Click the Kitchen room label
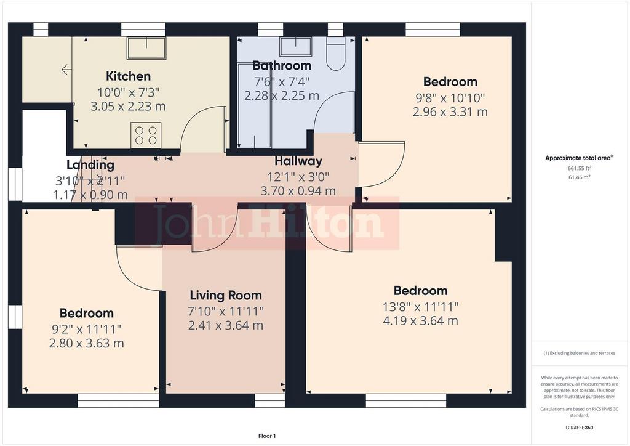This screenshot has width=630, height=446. [x=128, y=76]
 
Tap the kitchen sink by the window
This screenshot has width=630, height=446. [x=146, y=48]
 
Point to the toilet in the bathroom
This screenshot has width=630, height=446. [x=335, y=54]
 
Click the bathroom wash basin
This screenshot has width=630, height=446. [x=296, y=47]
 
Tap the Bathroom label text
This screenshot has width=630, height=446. [x=282, y=65]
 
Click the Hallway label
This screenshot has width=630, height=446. [x=298, y=161]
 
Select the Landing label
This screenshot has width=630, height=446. [x=90, y=165]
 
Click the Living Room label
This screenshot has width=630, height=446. [x=226, y=296]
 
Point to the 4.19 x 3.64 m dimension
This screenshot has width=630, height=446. [x=420, y=321]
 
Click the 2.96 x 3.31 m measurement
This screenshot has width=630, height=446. [x=450, y=111]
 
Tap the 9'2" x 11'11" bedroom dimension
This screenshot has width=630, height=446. [x=86, y=330]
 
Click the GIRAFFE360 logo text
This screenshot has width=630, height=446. [x=579, y=428]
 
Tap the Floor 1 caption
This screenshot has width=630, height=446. [x=267, y=436]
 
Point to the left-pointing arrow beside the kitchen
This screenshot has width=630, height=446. [x=66, y=70]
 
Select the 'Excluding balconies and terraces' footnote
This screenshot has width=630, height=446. [x=579, y=353]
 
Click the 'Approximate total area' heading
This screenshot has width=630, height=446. [x=579, y=158]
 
